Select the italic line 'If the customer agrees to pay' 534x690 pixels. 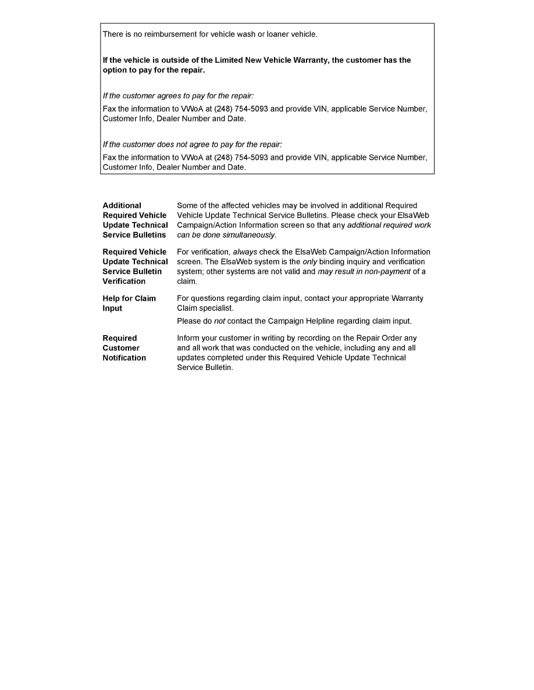point(178,95)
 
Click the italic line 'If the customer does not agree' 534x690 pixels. point(192,144)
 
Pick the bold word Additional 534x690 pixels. point(122,206)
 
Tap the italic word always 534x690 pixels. point(245,252)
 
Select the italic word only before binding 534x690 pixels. point(310,262)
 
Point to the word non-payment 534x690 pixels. point(388,272)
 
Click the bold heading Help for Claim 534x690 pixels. point(129,299)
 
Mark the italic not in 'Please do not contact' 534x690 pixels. point(219,321)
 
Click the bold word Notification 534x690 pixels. point(124,358)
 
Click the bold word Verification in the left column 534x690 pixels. point(124,281)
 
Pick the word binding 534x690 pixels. point(334,262)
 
